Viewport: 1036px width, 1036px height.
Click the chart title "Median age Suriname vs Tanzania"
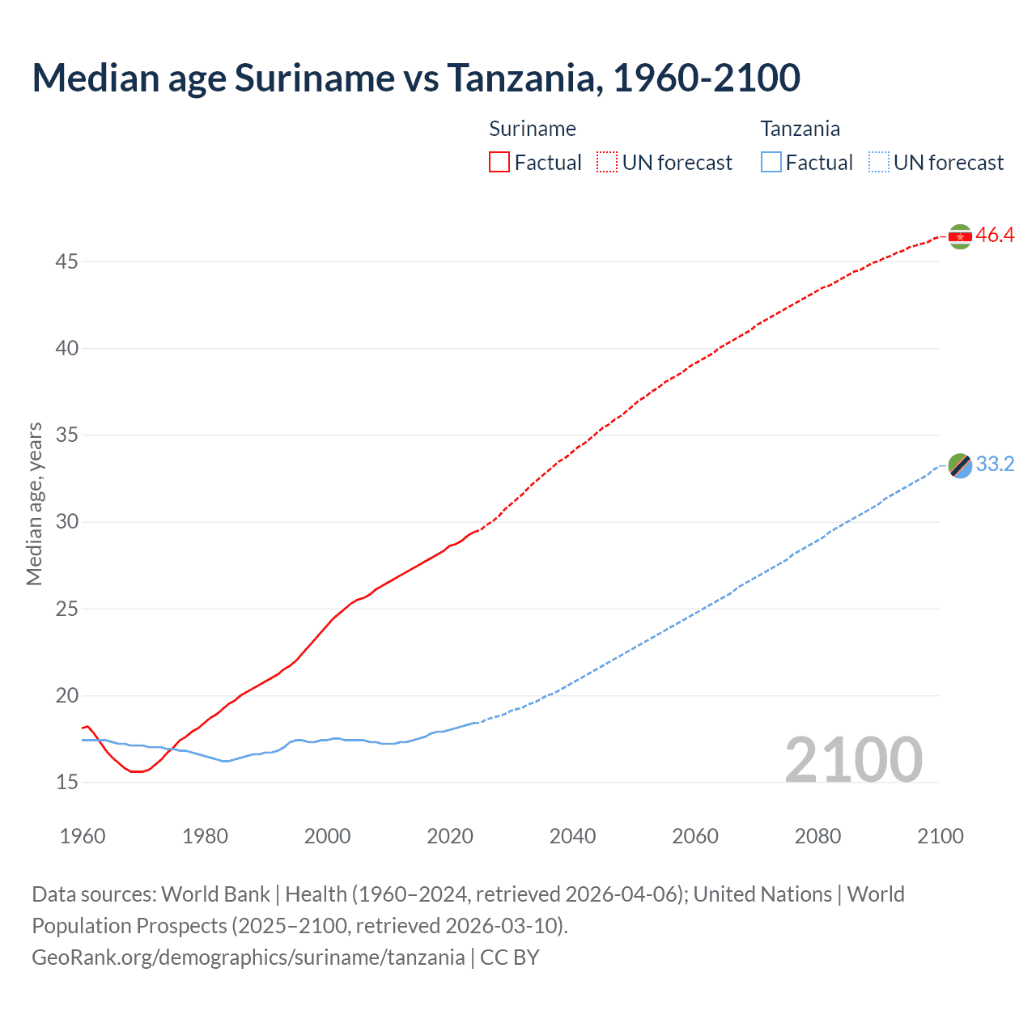(416, 78)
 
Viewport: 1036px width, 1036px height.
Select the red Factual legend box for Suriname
(499, 162)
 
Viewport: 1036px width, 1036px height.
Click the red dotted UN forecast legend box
(607, 162)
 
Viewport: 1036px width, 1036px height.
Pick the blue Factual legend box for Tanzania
(771, 162)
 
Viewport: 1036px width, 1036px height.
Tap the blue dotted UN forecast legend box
(879, 162)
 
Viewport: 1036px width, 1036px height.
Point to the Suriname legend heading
(533, 129)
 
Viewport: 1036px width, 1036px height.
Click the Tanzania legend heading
(800, 129)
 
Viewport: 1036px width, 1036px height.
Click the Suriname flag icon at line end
(960, 236)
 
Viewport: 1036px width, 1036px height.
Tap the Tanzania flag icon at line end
(960, 465)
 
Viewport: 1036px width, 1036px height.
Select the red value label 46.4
(995, 236)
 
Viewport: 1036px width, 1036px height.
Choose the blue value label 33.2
(995, 465)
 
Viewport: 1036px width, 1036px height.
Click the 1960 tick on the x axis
(83, 836)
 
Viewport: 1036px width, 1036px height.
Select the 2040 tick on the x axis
(572, 836)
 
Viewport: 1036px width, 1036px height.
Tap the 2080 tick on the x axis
(817, 836)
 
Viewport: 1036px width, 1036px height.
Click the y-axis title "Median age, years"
(34, 503)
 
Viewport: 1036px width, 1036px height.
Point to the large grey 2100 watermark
(853, 760)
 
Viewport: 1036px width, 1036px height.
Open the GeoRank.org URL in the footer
(248, 957)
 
